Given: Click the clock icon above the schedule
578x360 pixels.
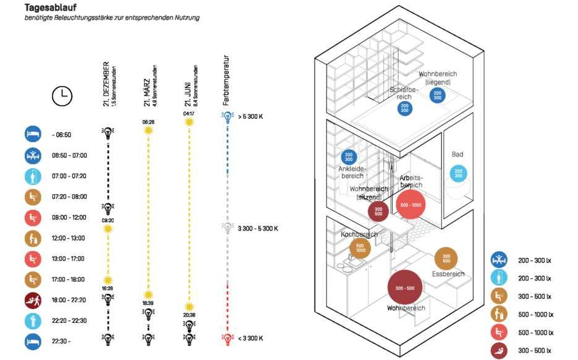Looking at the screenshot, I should tap(62, 95).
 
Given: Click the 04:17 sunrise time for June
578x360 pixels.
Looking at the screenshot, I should tap(189, 113).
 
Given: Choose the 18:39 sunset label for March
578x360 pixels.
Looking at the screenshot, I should tap(148, 304).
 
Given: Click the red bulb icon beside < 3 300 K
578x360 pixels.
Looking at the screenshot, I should tap(228, 338).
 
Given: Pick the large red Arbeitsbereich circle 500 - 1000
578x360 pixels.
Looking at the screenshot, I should tap(410, 205).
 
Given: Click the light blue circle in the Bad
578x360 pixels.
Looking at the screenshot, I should tap(458, 174).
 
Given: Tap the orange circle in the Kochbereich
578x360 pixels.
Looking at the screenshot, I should tap(360, 247).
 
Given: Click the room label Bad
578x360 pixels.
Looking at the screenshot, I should tap(457, 155).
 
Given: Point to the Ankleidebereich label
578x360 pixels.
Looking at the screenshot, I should tap(352, 172).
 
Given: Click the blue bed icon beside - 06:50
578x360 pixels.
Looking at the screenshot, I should tap(33, 134).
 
